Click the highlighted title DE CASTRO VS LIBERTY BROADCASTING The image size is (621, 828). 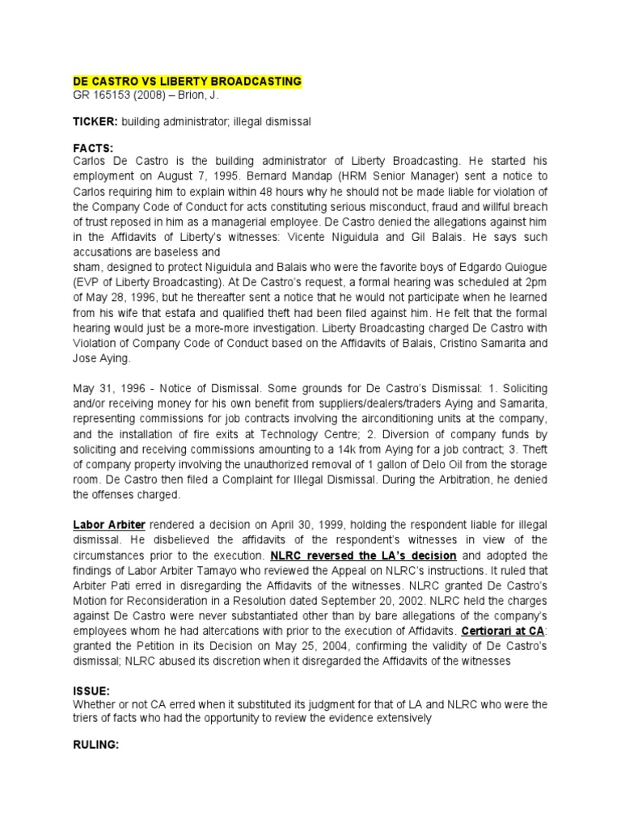[187, 82]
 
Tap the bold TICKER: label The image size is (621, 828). [96, 120]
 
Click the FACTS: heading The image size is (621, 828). [93, 148]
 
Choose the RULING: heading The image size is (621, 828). [96, 745]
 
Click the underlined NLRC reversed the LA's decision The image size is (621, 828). [364, 556]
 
